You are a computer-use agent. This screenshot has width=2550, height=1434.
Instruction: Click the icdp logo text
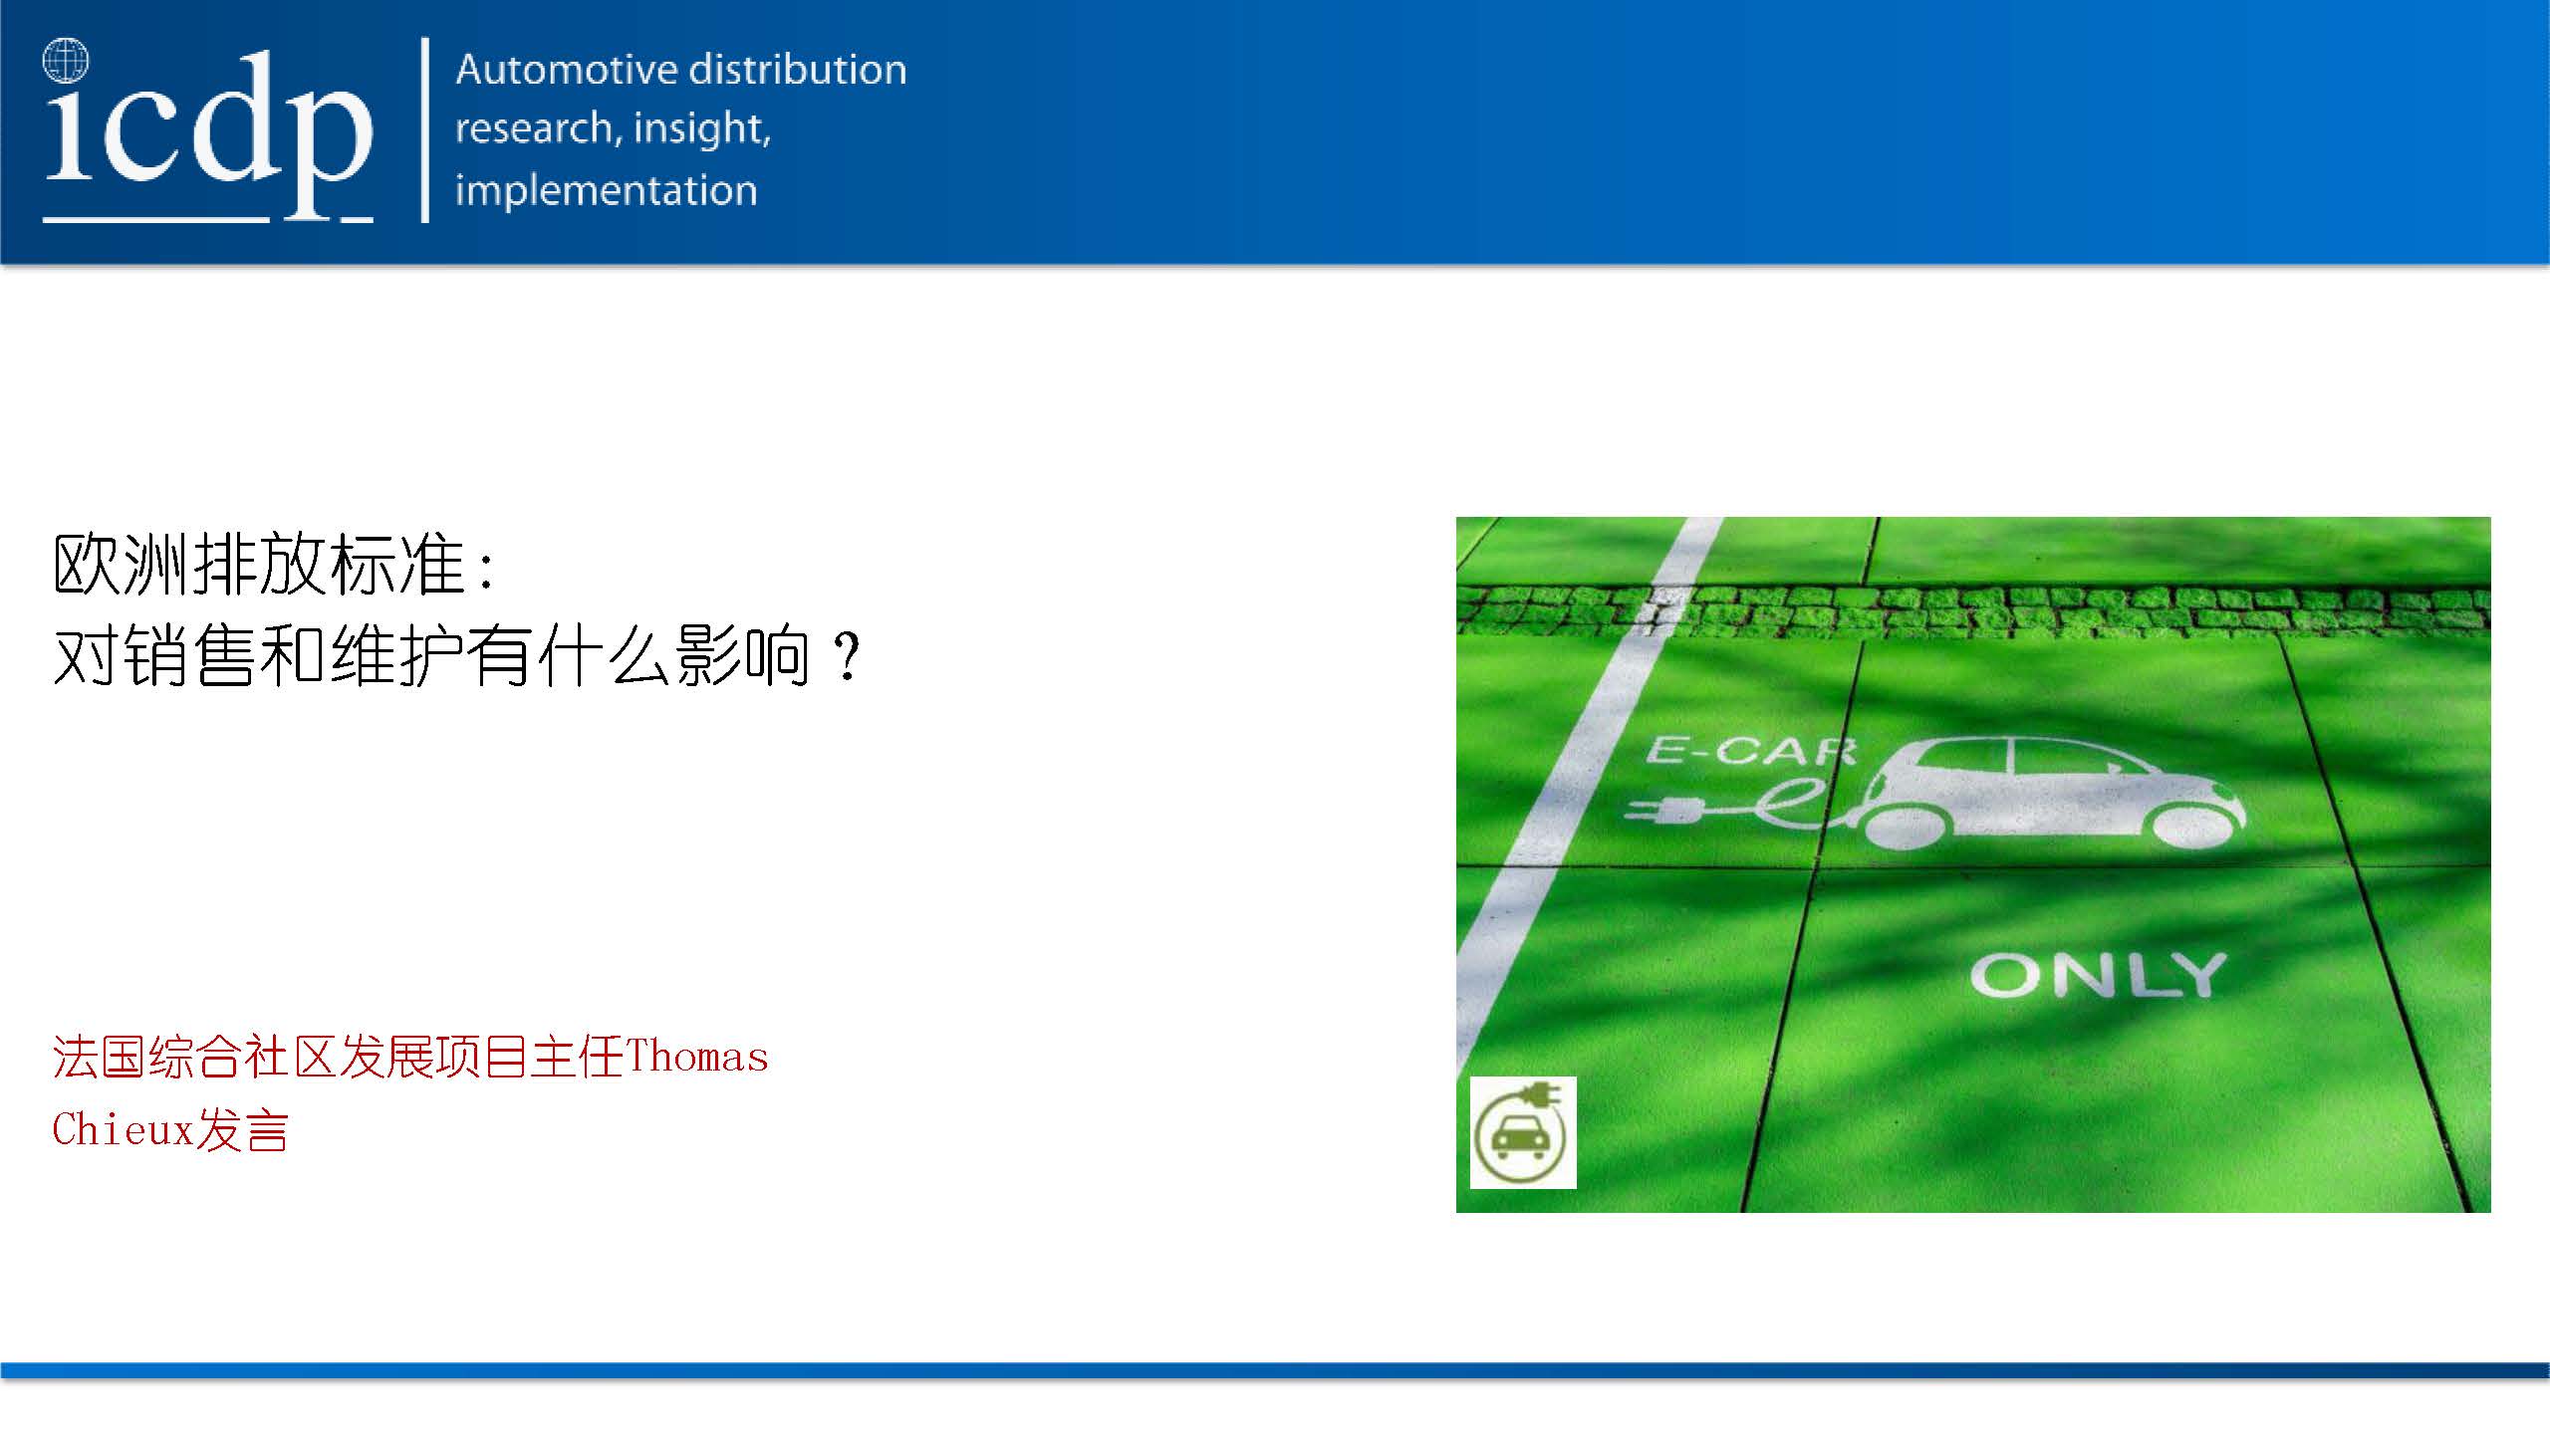click(208, 129)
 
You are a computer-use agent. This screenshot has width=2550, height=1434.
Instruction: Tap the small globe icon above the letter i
click(66, 60)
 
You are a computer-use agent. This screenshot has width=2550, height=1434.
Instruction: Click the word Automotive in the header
click(567, 69)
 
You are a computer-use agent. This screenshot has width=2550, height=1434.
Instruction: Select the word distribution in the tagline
click(798, 69)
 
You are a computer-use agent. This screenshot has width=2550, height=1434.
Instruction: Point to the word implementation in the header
click(606, 190)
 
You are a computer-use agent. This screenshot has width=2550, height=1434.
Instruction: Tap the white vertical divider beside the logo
click(425, 129)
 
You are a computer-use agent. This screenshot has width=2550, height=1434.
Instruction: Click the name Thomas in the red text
click(697, 1057)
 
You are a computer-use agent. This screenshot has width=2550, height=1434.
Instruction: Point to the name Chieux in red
click(122, 1130)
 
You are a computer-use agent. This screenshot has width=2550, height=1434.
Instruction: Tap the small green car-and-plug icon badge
click(1523, 1132)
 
